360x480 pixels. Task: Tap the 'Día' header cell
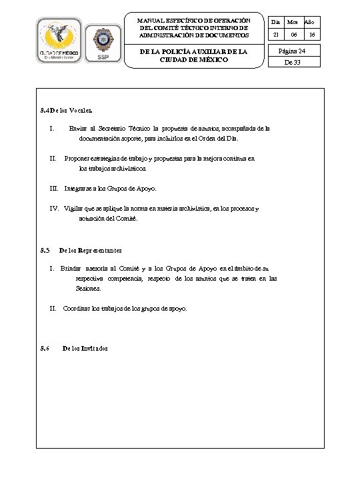pyautogui.click(x=276, y=22)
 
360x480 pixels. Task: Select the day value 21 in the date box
pyautogui.click(x=276, y=33)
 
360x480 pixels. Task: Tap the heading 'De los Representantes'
pyautogui.click(x=91, y=251)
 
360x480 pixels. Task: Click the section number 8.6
pyautogui.click(x=45, y=349)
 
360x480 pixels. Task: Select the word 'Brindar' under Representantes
pyautogui.click(x=71, y=268)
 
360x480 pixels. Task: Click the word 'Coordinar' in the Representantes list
pyautogui.click(x=77, y=309)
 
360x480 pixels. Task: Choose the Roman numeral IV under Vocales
pyautogui.click(x=54, y=209)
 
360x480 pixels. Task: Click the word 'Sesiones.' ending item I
pyautogui.click(x=89, y=289)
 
